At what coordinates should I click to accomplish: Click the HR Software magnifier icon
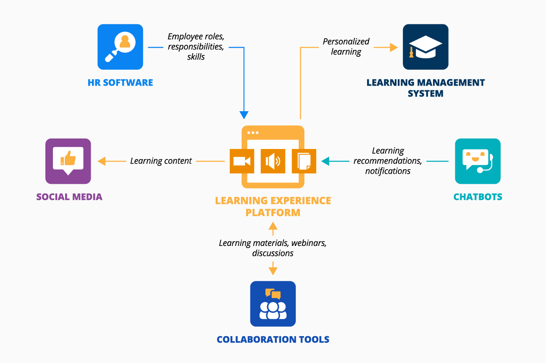click(x=120, y=47)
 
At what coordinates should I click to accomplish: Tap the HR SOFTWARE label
click(x=120, y=82)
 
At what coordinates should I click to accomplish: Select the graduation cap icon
click(x=425, y=47)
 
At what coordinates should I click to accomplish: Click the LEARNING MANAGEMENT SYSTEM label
click(x=425, y=88)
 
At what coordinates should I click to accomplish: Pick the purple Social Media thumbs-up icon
click(x=68, y=161)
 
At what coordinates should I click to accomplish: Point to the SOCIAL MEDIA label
click(x=69, y=197)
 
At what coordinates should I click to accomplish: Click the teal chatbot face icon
click(x=478, y=161)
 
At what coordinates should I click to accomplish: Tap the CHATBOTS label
click(x=478, y=197)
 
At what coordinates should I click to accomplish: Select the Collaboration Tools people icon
click(x=273, y=304)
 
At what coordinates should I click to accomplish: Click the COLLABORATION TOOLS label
click(x=273, y=339)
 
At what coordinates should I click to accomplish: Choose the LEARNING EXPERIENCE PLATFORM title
click(x=273, y=206)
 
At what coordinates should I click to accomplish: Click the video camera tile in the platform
click(x=242, y=161)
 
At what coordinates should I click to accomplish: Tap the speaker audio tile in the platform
click(x=273, y=161)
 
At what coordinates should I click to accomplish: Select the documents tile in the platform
click(x=304, y=161)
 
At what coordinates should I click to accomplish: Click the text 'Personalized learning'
click(x=346, y=47)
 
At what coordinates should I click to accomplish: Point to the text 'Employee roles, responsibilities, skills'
click(x=196, y=47)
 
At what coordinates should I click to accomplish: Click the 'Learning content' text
click(x=161, y=161)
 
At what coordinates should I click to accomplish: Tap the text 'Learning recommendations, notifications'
click(x=388, y=161)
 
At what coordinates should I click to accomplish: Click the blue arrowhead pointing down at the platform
click(x=244, y=115)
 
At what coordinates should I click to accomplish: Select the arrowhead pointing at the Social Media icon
click(x=102, y=161)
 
